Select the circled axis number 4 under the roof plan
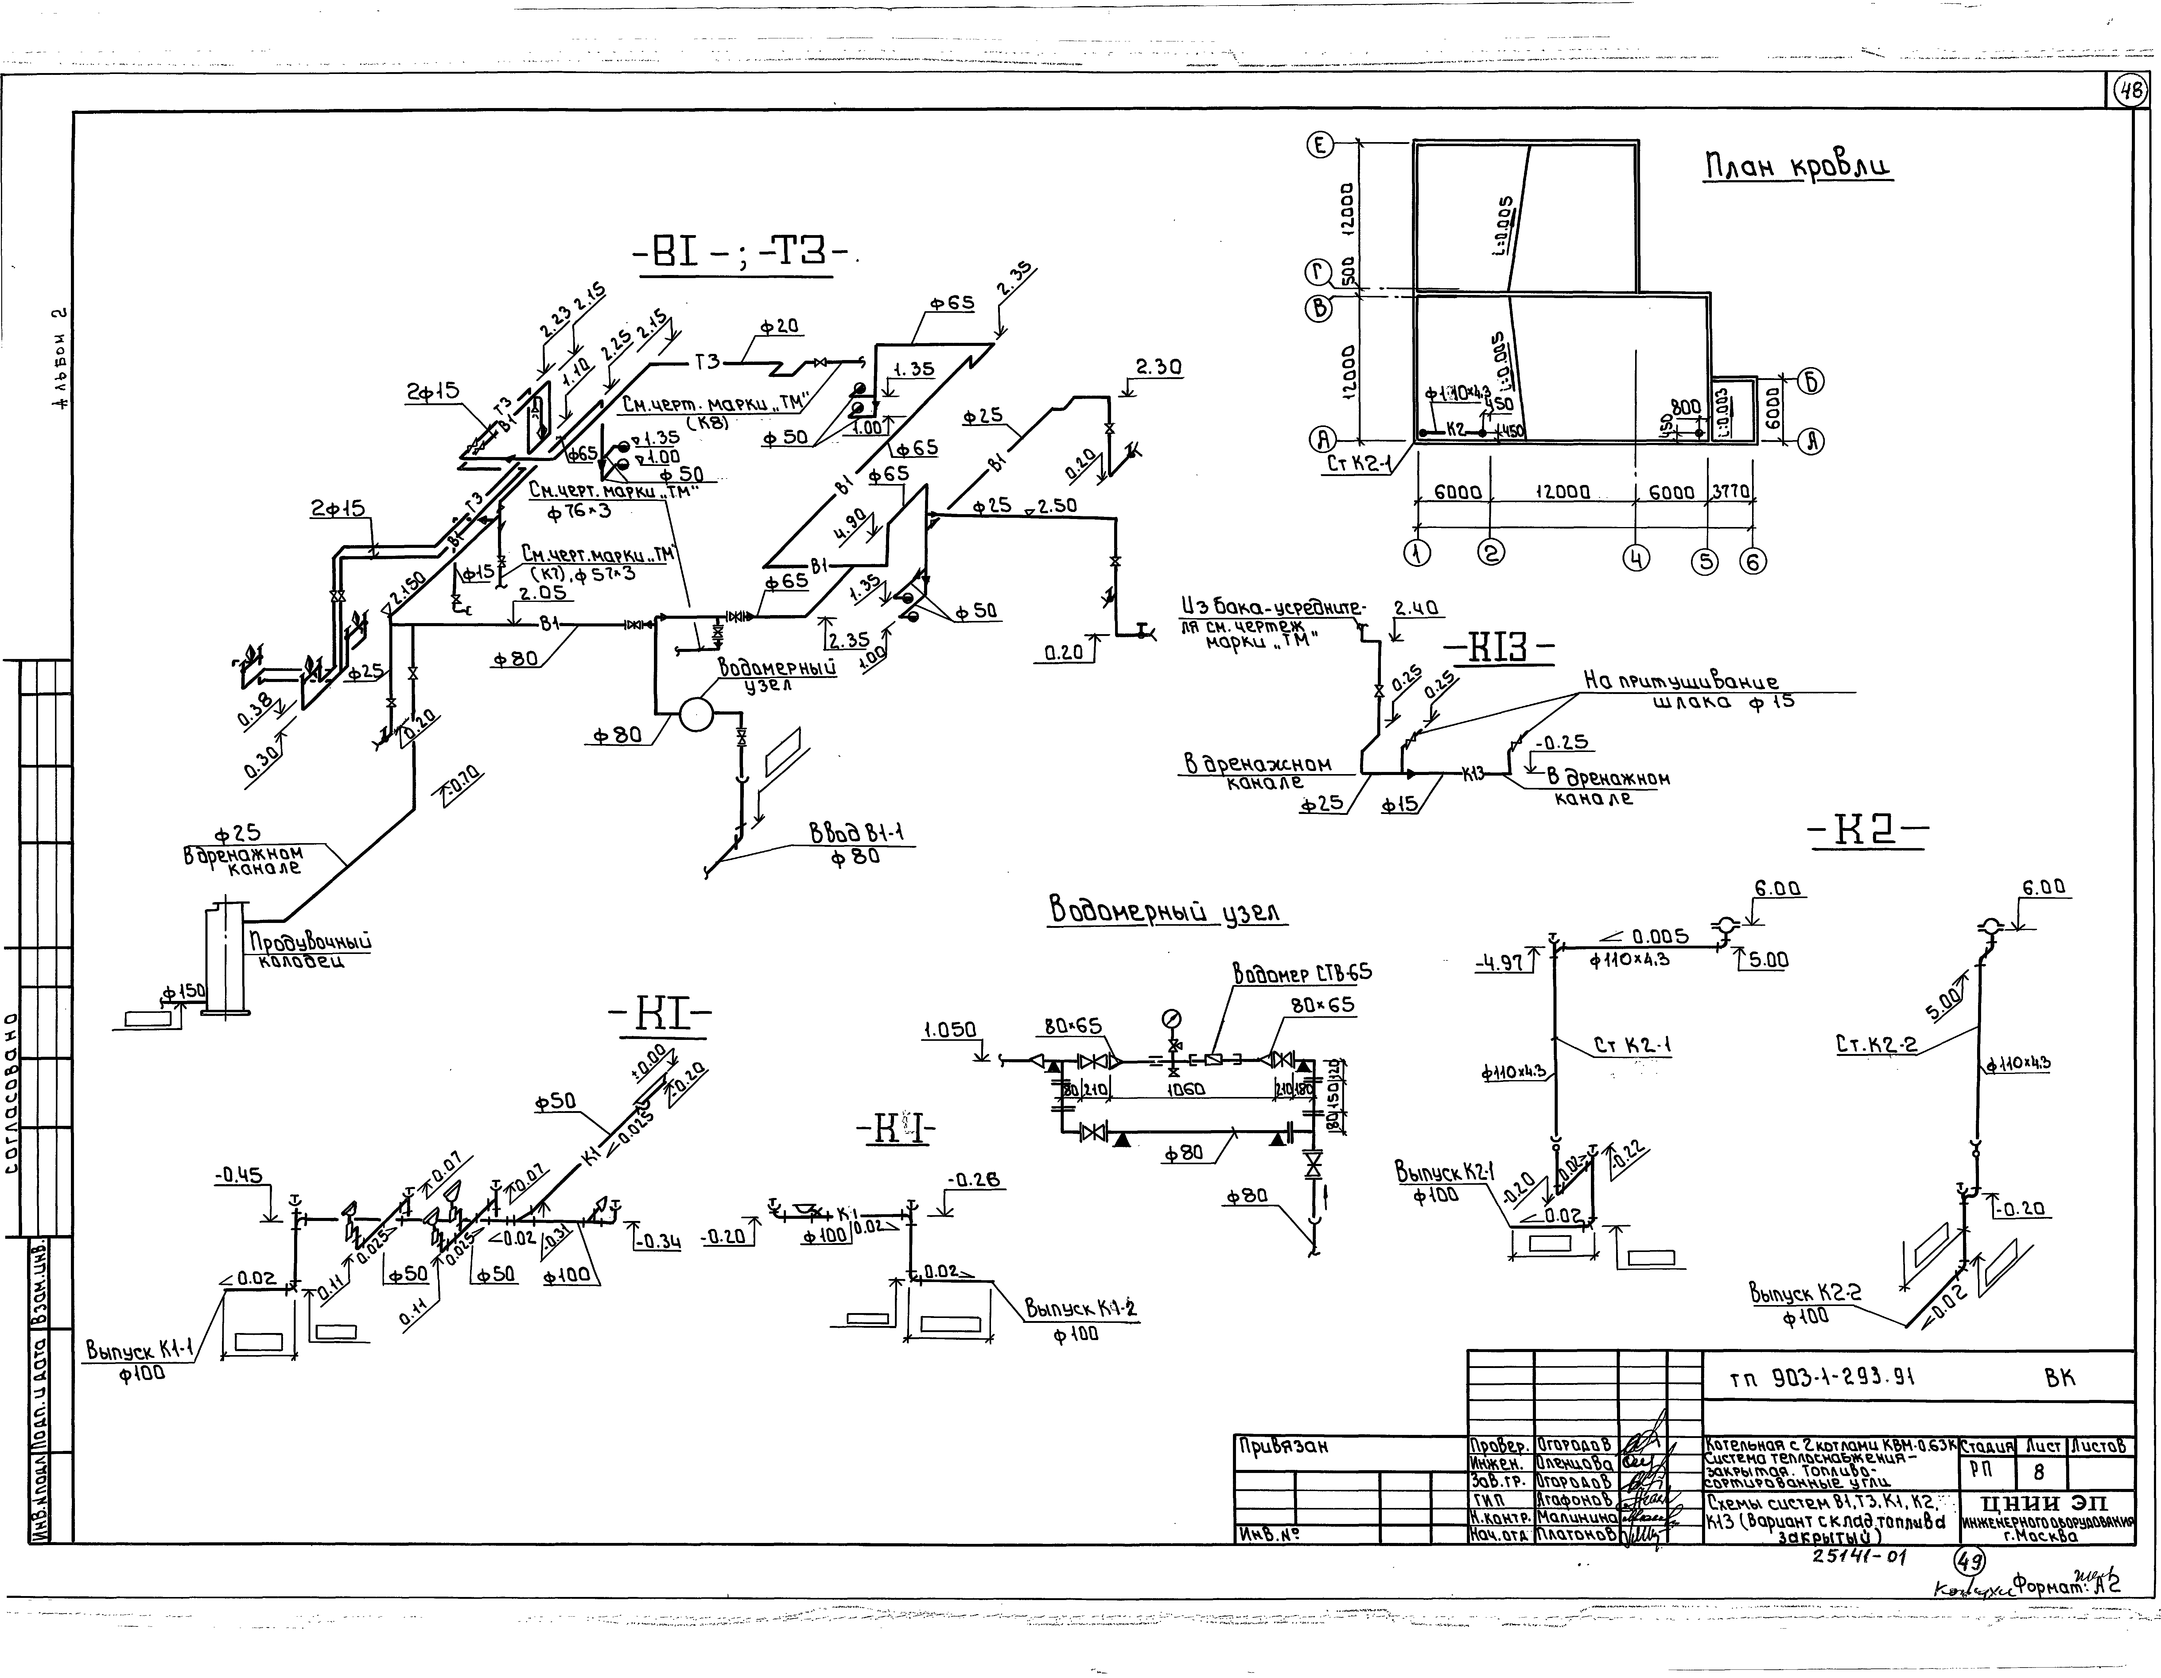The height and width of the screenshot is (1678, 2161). [1636, 559]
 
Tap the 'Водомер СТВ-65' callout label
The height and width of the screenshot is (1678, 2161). [1302, 973]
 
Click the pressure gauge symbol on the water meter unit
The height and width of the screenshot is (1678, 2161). [1172, 1018]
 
